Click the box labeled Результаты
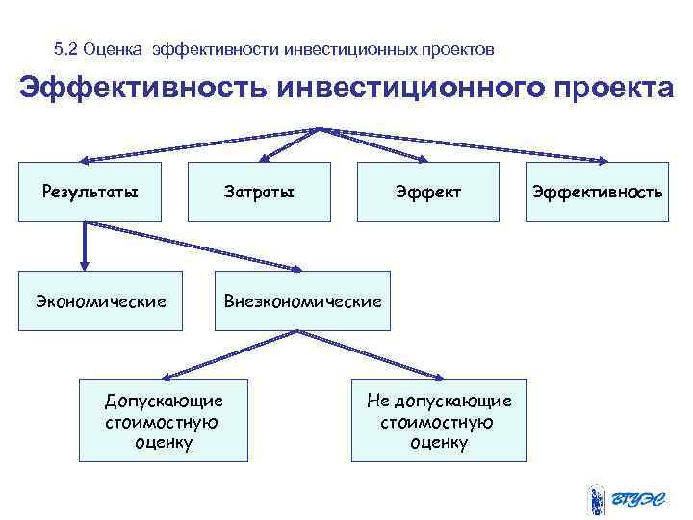click(x=90, y=192)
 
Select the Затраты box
click(x=259, y=192)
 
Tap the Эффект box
click(x=428, y=192)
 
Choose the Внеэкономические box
click(x=302, y=300)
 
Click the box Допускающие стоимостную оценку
click(x=164, y=421)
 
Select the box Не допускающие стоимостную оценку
click(x=439, y=421)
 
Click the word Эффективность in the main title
click(x=143, y=88)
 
